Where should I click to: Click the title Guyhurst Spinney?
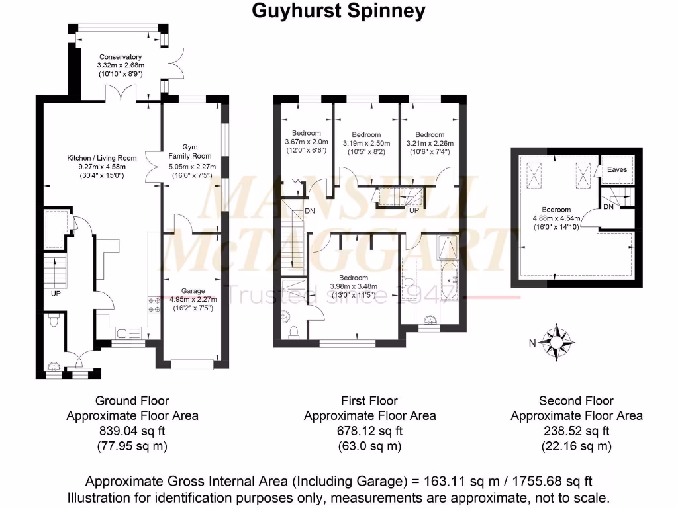(x=338, y=11)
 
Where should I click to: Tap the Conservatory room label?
(x=121, y=57)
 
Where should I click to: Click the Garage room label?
(x=193, y=290)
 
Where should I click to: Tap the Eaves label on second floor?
(x=617, y=170)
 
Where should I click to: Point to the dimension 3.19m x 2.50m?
(x=366, y=143)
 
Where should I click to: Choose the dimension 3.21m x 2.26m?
(x=430, y=143)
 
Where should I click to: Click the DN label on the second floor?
(x=608, y=206)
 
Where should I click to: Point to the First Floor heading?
(x=369, y=401)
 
